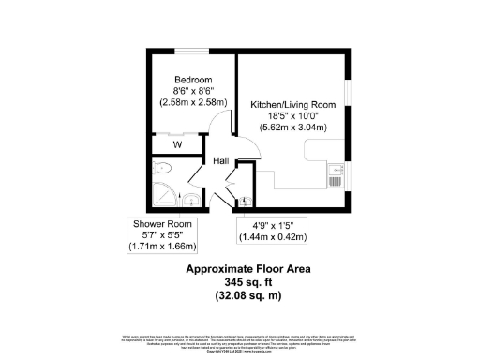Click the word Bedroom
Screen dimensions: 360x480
click(193, 80)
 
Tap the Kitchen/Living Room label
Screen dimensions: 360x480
click(292, 104)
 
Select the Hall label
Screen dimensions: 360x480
click(221, 161)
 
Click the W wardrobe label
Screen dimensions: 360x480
click(176, 145)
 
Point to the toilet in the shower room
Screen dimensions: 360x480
click(162, 170)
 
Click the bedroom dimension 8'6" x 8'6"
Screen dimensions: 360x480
click(193, 92)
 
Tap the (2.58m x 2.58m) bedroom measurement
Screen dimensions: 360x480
click(193, 104)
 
